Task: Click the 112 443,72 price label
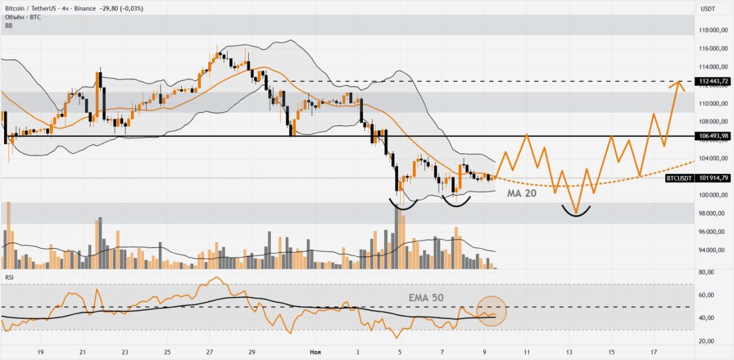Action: pyautogui.click(x=714, y=81)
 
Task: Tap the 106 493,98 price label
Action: pyautogui.click(x=714, y=136)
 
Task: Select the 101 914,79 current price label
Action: pyautogui.click(x=714, y=178)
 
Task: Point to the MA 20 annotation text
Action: pyautogui.click(x=522, y=194)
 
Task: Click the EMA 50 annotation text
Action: pyautogui.click(x=426, y=298)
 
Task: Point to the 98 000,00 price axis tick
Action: pyautogui.click(x=713, y=213)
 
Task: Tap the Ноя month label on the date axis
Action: pyautogui.click(x=315, y=353)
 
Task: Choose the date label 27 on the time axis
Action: pyautogui.click(x=210, y=353)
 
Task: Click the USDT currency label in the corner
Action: pyautogui.click(x=708, y=9)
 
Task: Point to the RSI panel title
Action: pyautogui.click(x=10, y=277)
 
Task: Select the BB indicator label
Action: pyautogui.click(x=9, y=26)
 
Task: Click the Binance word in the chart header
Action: pyautogui.click(x=85, y=9)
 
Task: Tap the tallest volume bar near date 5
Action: pyautogui.click(x=396, y=238)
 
